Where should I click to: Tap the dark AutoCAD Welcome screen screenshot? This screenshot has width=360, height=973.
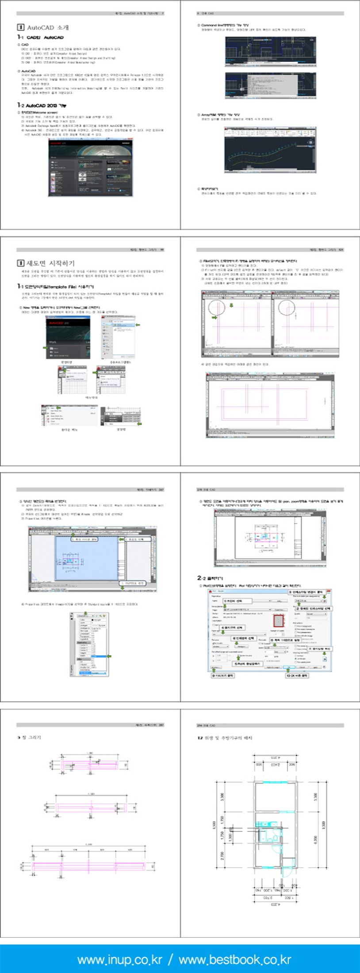point(90,168)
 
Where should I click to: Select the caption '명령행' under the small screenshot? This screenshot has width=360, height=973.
point(121,429)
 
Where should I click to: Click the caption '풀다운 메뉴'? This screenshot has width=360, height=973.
point(69,429)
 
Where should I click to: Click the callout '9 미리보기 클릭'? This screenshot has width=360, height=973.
point(223,676)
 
